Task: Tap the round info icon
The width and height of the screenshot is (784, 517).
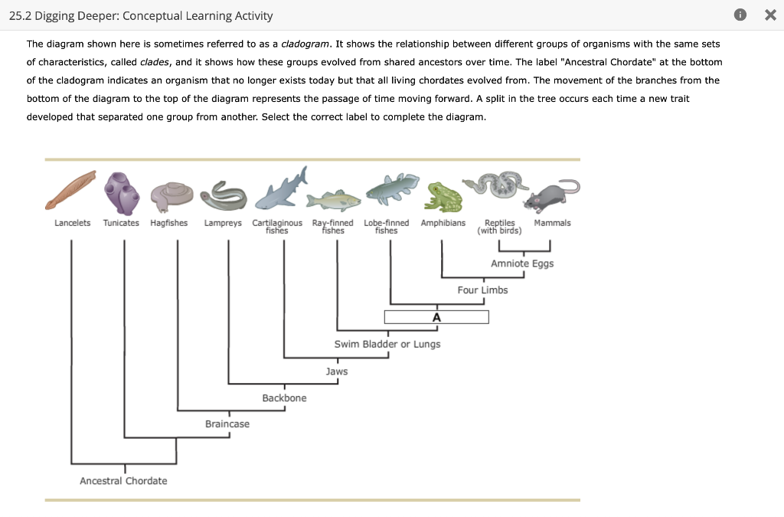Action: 739,15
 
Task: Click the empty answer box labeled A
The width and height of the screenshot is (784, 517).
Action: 436,317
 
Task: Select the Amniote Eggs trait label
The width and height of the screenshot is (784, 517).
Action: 522,263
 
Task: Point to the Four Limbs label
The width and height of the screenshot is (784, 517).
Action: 482,290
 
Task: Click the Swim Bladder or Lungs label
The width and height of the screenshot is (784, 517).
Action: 387,344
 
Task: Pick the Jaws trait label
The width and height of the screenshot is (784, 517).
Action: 337,371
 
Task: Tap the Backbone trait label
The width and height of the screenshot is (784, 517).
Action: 284,398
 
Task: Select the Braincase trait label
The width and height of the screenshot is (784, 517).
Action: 227,424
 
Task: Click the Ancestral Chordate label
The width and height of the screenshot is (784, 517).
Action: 123,480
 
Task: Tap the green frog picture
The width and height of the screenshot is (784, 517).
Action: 444,197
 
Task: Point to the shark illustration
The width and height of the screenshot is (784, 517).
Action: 280,190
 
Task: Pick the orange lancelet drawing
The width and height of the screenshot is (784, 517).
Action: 70,189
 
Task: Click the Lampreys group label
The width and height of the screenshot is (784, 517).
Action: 223,223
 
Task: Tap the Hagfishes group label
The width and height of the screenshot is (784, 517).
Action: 169,223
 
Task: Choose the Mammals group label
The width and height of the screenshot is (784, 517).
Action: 552,223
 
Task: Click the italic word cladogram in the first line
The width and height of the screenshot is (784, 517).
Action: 305,44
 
